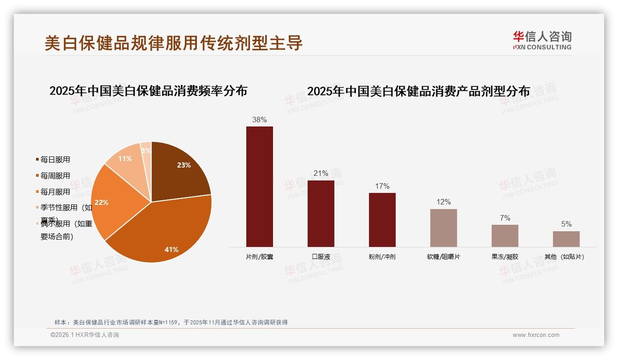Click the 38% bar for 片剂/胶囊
pos(260,186)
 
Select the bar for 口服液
pos(321,213)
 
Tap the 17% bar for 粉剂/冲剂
pos(382,220)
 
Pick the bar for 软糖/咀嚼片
pos(444,228)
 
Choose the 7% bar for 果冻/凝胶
pos(505,236)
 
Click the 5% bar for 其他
pos(566,239)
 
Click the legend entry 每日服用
pos(55,160)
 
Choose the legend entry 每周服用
pos(55,176)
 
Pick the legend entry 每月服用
pos(55,192)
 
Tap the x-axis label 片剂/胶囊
pos(260,257)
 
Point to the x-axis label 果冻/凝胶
pos(505,257)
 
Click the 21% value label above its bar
pos(321,174)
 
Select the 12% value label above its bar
pos(444,202)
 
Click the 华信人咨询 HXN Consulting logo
pos(542,40)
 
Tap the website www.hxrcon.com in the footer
pos(536,335)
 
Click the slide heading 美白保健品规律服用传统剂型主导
pos(174,43)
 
